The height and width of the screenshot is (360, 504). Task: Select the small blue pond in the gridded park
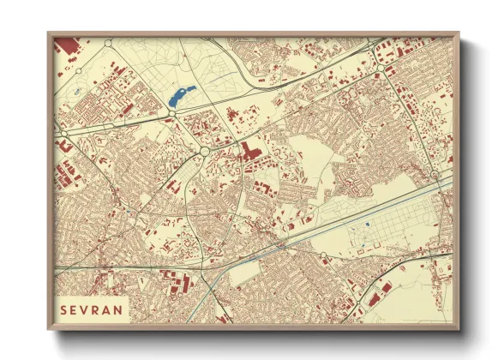click(367, 225)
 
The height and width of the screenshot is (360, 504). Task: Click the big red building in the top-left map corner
click(66, 46)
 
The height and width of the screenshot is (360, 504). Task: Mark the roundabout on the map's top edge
click(109, 41)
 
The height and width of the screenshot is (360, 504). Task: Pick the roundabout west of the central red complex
click(206, 152)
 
